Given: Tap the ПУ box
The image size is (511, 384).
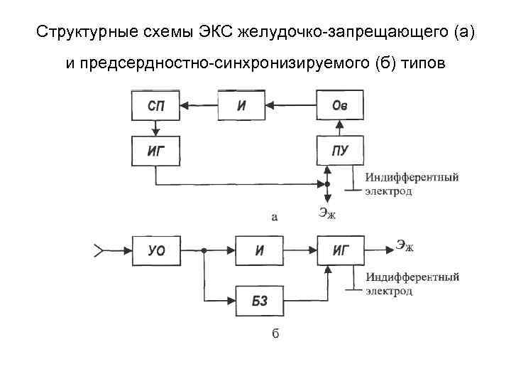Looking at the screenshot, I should point(339,150).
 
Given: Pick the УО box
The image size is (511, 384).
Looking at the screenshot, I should point(156,251).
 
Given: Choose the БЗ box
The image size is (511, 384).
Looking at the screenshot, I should point(260,302).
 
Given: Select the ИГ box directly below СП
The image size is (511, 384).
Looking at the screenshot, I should point(156,150).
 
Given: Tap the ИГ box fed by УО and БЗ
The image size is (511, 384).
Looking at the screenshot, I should point(339,251).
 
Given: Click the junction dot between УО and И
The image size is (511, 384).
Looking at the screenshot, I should point(204,251).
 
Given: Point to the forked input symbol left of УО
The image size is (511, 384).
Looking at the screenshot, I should point(99,250).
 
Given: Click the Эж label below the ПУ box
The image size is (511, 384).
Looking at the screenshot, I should point(327,211).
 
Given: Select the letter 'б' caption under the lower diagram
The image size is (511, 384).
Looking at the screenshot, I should point(275,334).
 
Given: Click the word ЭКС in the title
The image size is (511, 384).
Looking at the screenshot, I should point(216,33).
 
